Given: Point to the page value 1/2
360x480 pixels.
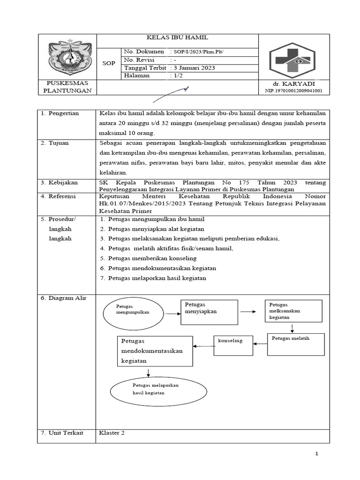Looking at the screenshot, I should [x=179, y=75].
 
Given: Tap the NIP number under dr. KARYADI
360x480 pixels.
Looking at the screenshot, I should [x=293, y=90].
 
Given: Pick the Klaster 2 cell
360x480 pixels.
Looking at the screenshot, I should [x=112, y=433].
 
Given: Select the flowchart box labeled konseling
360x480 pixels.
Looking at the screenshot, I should [x=232, y=346].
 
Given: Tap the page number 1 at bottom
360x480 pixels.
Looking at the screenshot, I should [x=316, y=454].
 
